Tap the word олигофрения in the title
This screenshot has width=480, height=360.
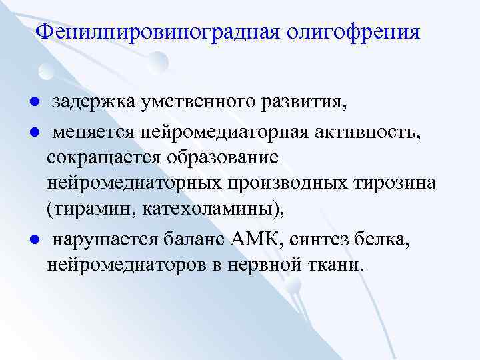(354, 32)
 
